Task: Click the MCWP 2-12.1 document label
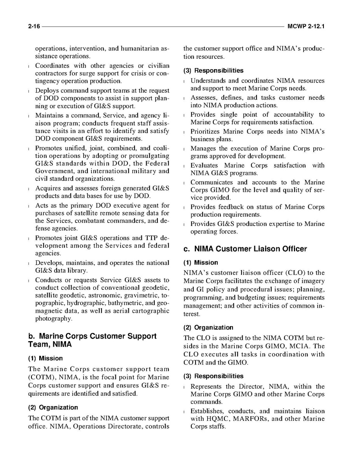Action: tap(306, 27)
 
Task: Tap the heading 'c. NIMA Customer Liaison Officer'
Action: tap(245, 249)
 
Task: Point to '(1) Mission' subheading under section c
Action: tap(201, 263)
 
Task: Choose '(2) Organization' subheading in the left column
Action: tap(53, 407)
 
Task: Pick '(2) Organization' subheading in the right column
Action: tap(208, 328)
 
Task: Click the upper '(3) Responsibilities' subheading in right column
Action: tap(213, 70)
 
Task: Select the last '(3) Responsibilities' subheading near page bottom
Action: tap(213, 376)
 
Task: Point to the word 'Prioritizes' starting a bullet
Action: tap(205, 131)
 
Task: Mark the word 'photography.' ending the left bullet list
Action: tap(54, 319)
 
